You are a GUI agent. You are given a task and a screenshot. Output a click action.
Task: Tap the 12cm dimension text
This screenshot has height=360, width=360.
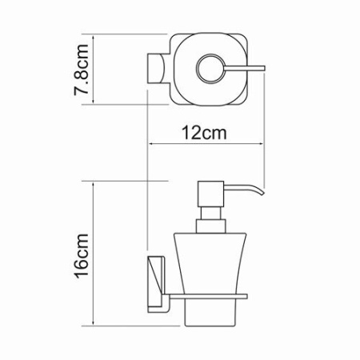click(200, 134)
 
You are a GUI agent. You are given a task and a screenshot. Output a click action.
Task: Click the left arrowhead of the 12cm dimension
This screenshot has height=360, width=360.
click(153, 145)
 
